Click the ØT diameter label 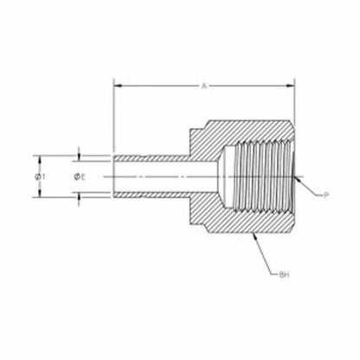pyautogui.click(x=40, y=176)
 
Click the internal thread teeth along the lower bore pyautogui.click(x=260, y=209)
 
